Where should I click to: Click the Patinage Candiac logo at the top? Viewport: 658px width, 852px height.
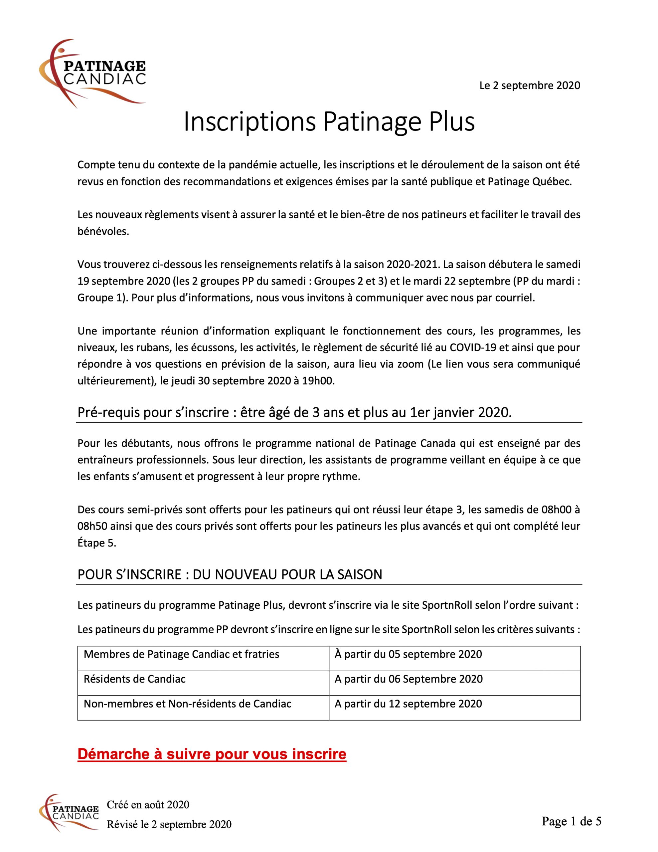coord(93,73)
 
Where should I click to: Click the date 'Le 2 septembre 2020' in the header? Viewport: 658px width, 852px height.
coord(530,86)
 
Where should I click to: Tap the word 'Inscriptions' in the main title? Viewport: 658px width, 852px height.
coord(249,122)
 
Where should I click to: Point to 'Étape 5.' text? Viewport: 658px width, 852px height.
coord(97,543)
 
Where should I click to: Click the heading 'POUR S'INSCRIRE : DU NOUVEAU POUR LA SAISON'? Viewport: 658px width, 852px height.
coord(230,575)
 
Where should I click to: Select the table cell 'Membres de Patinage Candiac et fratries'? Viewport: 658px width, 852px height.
coord(181,654)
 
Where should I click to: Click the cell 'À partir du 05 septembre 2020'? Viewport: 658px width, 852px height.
coord(408,654)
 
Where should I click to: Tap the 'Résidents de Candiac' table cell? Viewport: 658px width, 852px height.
coord(135,679)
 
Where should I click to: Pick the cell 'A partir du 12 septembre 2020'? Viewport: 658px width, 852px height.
coord(408,704)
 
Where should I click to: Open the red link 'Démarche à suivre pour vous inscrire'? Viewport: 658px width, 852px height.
coord(212,754)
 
